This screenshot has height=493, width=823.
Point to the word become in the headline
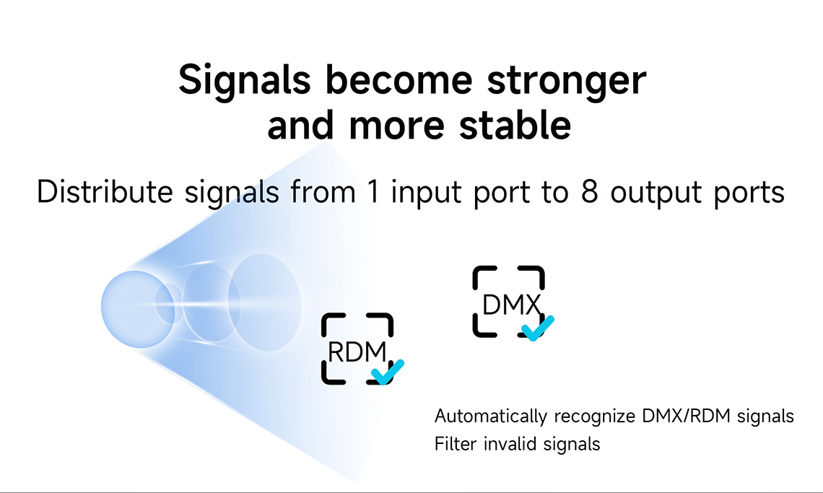[x=399, y=79]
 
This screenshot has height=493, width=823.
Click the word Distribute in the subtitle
[x=105, y=191]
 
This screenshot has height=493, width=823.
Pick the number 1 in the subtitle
[x=373, y=192]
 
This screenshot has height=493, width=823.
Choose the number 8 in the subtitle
[x=589, y=192]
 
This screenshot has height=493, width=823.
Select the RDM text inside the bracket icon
[x=357, y=352]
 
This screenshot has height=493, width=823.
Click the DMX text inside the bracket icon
[x=511, y=305]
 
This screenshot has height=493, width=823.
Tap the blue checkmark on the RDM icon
[x=388, y=372]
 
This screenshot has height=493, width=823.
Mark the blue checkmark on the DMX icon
[x=537, y=328]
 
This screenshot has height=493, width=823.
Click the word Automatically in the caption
[x=491, y=416]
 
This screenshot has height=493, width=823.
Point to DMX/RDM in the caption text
[x=686, y=416]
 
